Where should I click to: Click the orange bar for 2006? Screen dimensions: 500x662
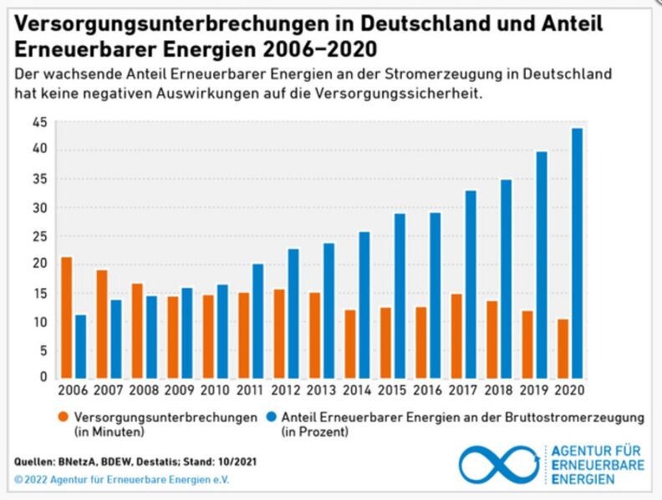pos(66,317)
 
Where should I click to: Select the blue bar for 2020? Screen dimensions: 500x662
pos(577,253)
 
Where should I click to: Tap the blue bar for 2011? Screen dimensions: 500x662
pos(258,321)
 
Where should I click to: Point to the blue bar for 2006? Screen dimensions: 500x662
pos(80,346)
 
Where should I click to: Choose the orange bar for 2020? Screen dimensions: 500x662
pos(563,348)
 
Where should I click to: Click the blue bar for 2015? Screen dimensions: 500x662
pos(400,295)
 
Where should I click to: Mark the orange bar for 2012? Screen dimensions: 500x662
pos(279,333)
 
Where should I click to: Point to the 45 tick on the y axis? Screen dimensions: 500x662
pos(39,122)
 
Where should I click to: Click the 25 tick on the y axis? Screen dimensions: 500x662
pos(39,236)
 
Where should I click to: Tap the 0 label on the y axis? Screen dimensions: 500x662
pos(43,377)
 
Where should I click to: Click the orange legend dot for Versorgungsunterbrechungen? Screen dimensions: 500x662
pos(63,417)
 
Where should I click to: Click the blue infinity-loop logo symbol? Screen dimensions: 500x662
pos(500,464)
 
